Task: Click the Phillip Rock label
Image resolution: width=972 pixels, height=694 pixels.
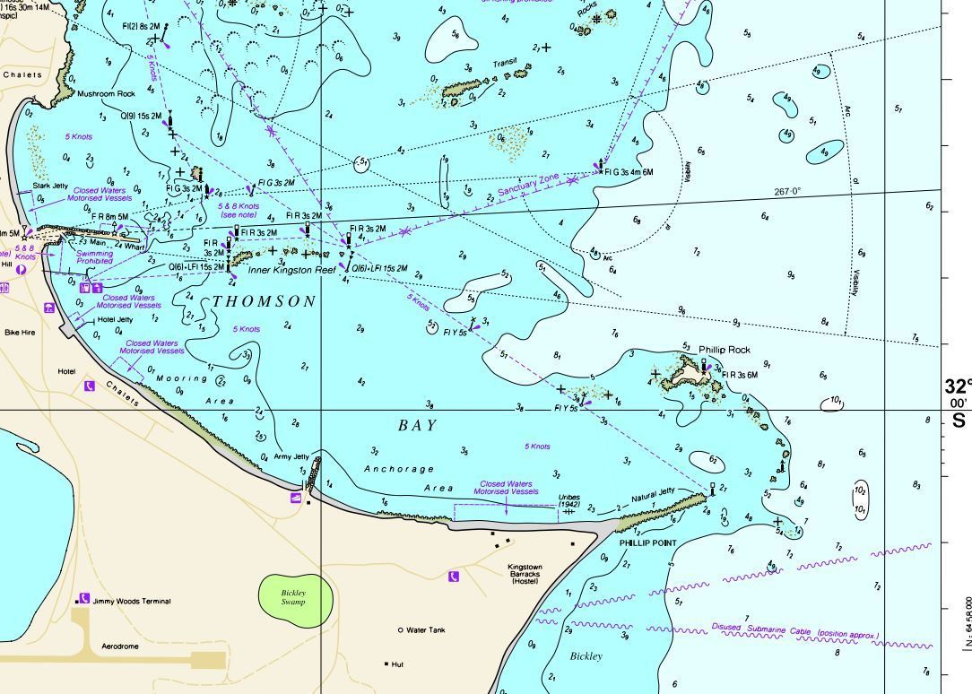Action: (725, 350)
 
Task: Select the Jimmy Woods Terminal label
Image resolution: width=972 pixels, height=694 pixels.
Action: (131, 601)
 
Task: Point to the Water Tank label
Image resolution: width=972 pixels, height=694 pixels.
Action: (425, 630)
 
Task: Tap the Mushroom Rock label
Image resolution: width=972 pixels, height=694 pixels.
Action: (106, 93)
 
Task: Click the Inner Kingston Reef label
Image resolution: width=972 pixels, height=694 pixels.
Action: (291, 270)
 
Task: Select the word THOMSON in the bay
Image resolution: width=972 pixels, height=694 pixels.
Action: (265, 301)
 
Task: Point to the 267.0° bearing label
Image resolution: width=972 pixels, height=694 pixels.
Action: (787, 192)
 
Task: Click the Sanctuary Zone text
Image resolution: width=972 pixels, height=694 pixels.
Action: (528, 187)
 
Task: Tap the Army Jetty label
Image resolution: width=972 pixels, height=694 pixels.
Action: (291, 456)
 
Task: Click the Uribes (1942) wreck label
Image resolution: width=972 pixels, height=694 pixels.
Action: (569, 500)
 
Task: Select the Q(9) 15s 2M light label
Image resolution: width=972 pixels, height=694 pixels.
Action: (140, 116)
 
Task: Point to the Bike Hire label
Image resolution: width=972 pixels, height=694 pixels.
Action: (20, 332)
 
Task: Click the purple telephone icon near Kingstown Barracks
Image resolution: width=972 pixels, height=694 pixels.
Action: (454, 576)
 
